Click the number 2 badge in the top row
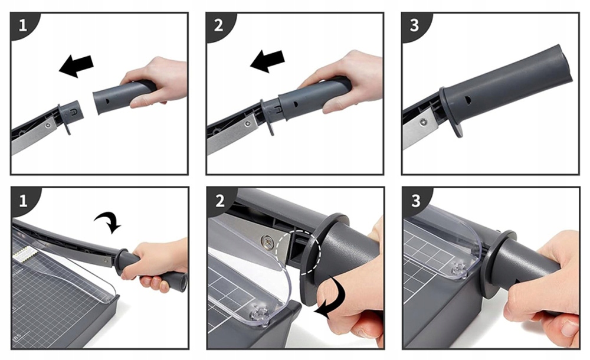(219, 25)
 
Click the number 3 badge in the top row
(415, 25)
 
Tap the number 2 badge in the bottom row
(219, 201)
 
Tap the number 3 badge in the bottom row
(416, 201)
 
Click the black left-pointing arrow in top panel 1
(76, 66)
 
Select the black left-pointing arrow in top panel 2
(267, 61)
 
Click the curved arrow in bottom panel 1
(109, 222)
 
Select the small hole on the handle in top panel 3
(468, 100)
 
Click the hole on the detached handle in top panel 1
(108, 101)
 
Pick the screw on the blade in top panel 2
(247, 123)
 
